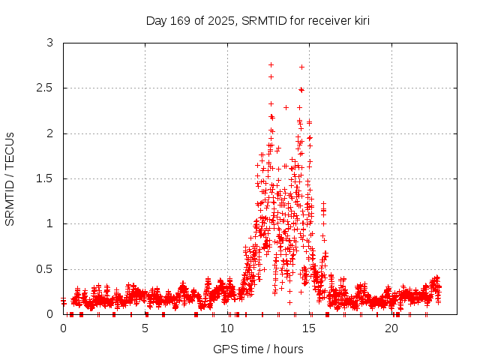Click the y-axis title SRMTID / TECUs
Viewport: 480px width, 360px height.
pyautogui.click(x=10, y=178)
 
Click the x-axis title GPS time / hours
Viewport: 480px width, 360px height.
pyautogui.click(x=258, y=349)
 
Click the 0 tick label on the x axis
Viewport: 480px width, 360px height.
pyautogui.click(x=63, y=329)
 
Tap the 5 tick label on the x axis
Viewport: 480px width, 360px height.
pyautogui.click(x=145, y=329)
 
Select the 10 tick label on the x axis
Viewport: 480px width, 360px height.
pyautogui.click(x=227, y=329)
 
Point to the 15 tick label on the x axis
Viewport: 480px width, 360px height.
pyautogui.click(x=310, y=329)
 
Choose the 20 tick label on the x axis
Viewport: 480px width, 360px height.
pyautogui.click(x=391, y=329)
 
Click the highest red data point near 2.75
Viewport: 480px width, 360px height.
pyautogui.click(x=271, y=64)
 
